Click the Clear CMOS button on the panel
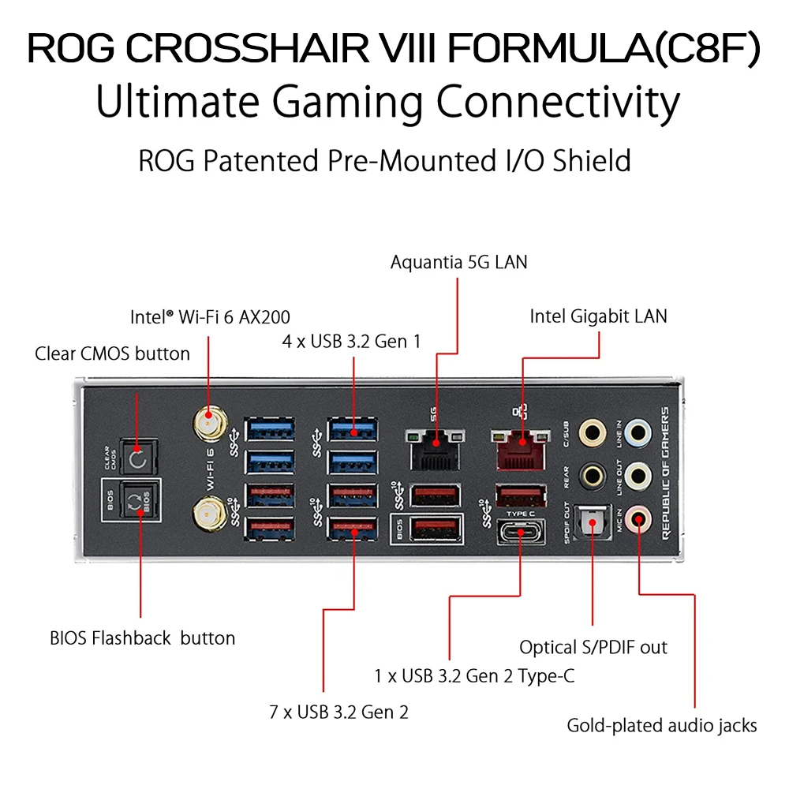pyautogui.click(x=138, y=458)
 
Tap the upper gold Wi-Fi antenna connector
pyautogui.click(x=210, y=423)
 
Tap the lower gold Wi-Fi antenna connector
pyautogui.click(x=210, y=514)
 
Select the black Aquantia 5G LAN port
pyautogui.click(x=436, y=451)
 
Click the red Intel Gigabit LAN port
pyautogui.click(x=521, y=451)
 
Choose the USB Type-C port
pyautogui.click(x=521, y=532)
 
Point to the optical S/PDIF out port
pyautogui.click(x=593, y=522)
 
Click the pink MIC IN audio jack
pyautogui.click(x=638, y=519)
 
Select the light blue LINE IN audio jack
pyautogui.click(x=638, y=432)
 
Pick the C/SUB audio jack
pyautogui.click(x=593, y=432)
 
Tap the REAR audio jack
pyautogui.click(x=593, y=476)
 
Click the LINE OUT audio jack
pyautogui.click(x=638, y=476)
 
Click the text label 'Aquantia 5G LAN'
pyautogui.click(x=459, y=262)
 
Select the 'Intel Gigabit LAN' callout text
pyautogui.click(x=598, y=316)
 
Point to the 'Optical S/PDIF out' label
pyautogui.click(x=593, y=647)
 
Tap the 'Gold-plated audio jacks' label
pyautogui.click(x=662, y=726)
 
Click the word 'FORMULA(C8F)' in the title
pyautogui.click(x=604, y=49)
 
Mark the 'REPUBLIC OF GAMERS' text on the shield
pyautogui.click(x=665, y=473)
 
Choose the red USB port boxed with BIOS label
pyautogui.click(x=436, y=529)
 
